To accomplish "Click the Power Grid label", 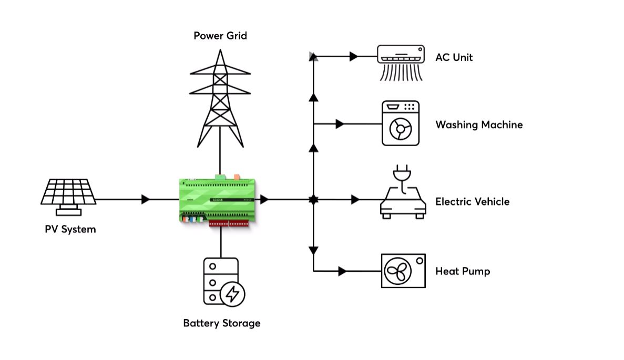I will point(220,36).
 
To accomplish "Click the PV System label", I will point(70,229).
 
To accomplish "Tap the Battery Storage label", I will point(221,323).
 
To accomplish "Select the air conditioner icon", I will point(401,63).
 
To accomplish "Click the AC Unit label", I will point(454,57).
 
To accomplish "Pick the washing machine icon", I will point(401,124).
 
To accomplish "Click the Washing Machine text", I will point(479,125).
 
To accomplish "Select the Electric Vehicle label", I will point(472,201).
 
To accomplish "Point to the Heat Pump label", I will point(463,271).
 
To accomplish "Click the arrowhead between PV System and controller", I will point(146,200).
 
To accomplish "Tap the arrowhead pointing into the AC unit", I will point(354,56).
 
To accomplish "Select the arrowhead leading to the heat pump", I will point(342,271).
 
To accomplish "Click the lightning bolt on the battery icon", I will point(232,294).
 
